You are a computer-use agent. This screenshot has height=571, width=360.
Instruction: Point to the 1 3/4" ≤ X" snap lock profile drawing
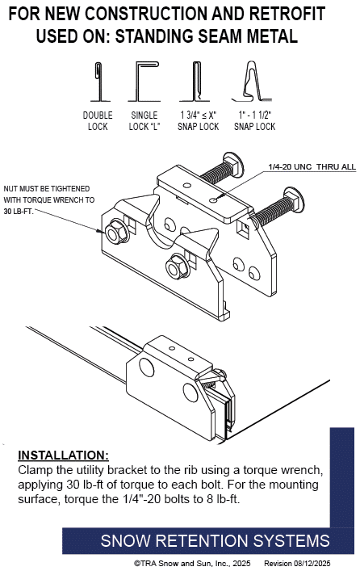(196, 82)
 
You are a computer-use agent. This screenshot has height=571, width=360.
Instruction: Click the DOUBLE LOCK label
(98, 121)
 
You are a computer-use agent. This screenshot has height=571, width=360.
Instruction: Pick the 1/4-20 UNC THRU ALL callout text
(312, 167)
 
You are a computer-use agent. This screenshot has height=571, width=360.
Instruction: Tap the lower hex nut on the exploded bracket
(178, 267)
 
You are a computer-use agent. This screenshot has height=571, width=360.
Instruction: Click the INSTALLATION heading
(63, 456)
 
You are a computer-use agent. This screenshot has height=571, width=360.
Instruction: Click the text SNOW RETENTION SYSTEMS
(216, 541)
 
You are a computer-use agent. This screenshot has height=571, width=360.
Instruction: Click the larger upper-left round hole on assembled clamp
(146, 367)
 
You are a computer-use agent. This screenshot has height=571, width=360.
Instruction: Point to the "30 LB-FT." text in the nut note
(19, 212)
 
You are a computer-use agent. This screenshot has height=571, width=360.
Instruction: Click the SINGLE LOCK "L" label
(144, 121)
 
